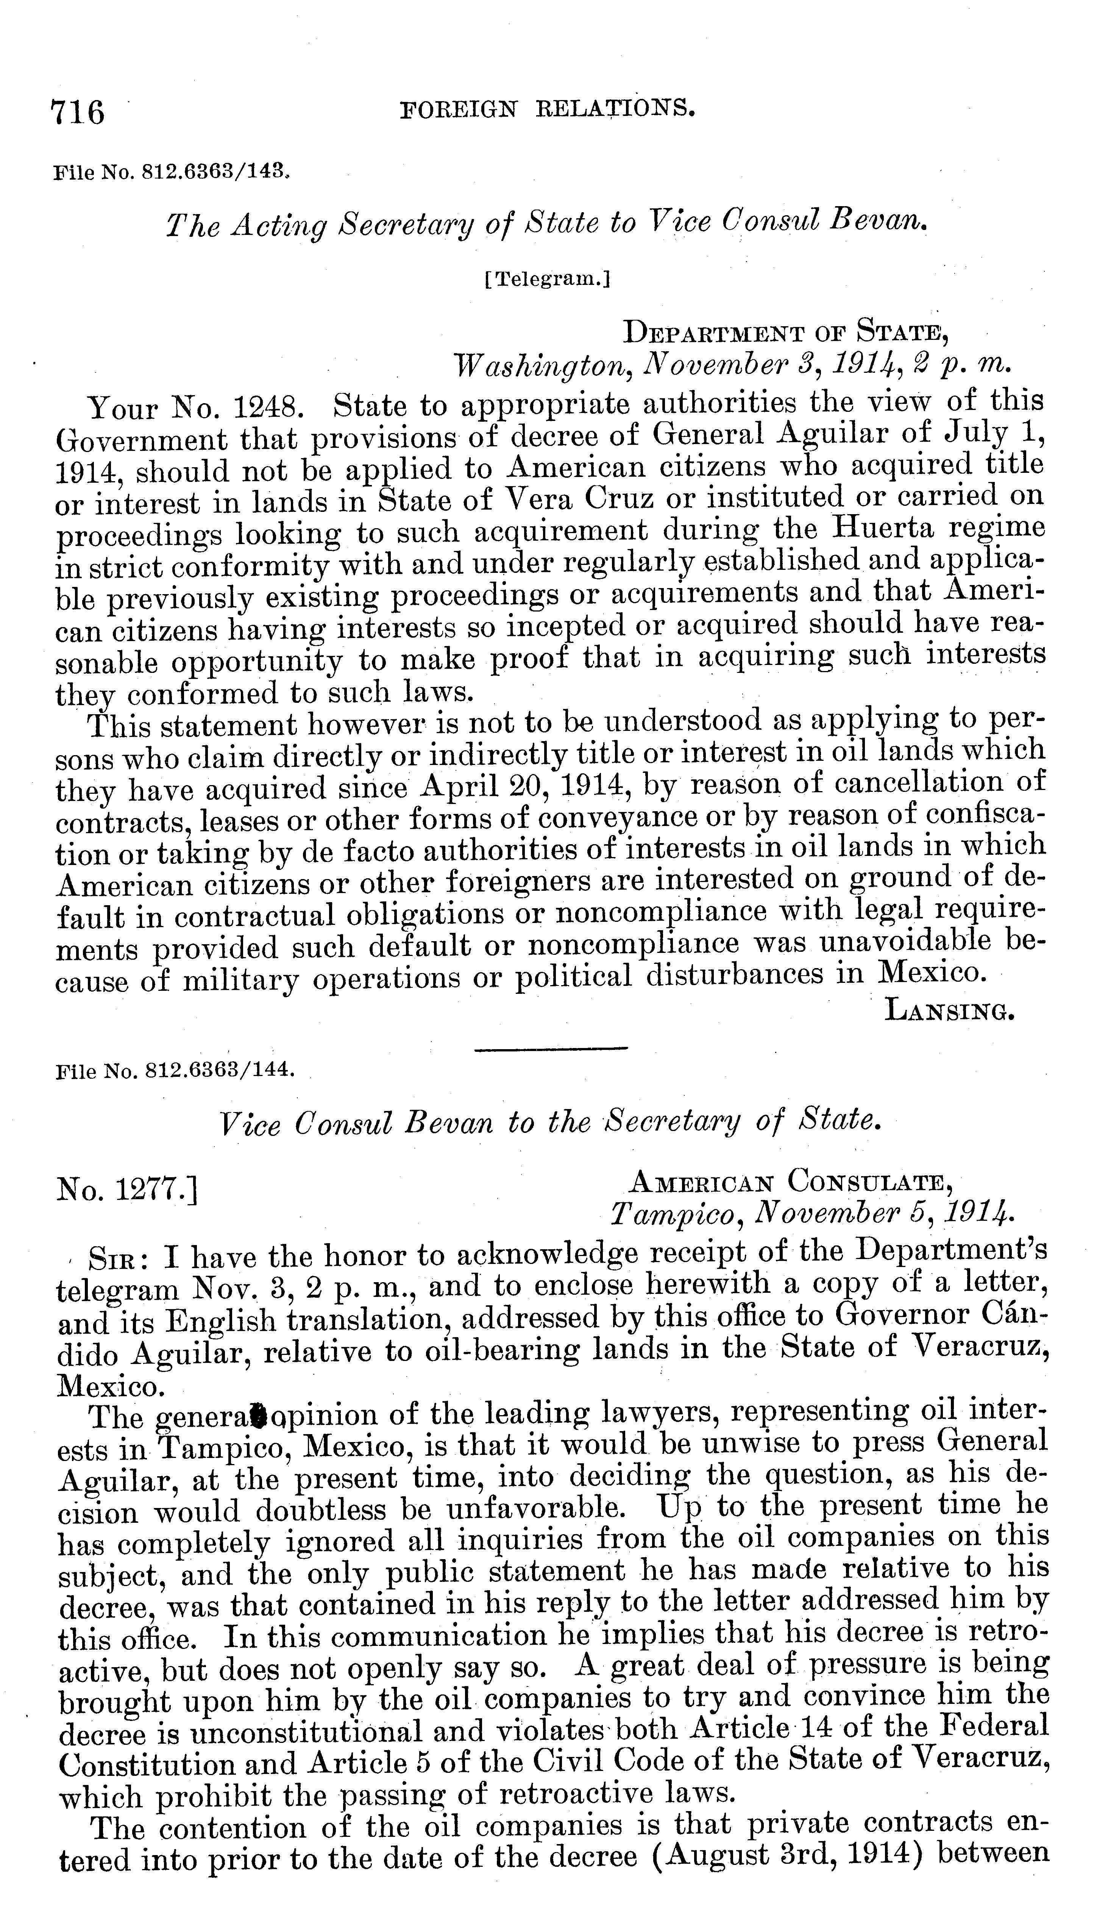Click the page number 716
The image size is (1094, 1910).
pos(77,113)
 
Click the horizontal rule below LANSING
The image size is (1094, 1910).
pos(551,1048)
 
